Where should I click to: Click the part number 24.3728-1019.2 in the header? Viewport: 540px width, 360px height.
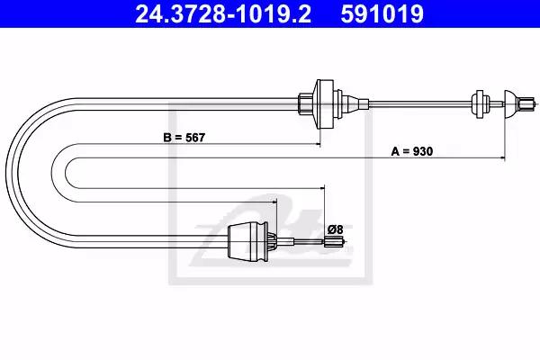pos(223,14)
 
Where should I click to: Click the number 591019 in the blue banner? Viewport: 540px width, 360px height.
pos(382,14)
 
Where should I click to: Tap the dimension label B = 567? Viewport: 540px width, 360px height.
pos(184,138)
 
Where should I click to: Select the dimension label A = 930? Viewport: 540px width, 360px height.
pos(412,151)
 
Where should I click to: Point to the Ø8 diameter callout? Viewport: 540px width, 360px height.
pos(335,229)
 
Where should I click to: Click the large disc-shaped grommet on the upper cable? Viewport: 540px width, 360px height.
pos(324,104)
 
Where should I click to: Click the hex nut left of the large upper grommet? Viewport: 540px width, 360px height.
pos(305,103)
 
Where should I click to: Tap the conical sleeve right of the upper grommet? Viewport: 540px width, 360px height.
pos(355,103)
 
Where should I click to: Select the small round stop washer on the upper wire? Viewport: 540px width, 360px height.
pos(479,104)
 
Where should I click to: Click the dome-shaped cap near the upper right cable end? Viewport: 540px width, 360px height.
pos(510,104)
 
